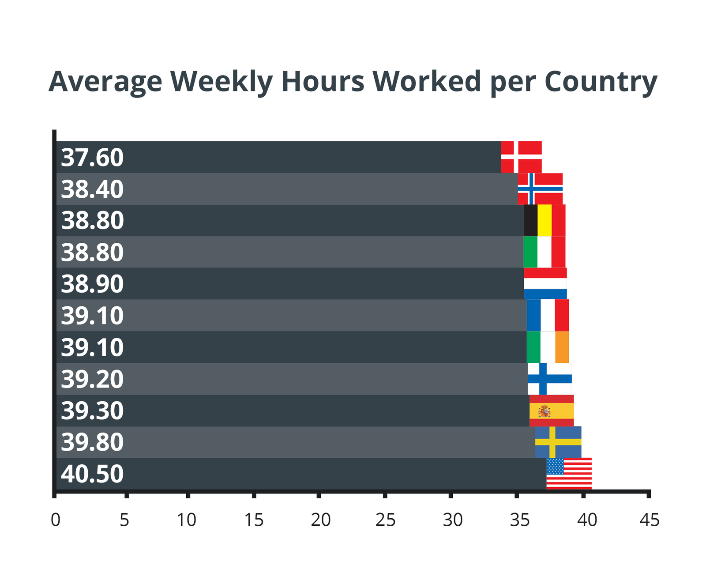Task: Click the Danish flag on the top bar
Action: click(x=521, y=157)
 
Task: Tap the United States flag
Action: click(x=569, y=473)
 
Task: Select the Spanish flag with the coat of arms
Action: click(x=551, y=411)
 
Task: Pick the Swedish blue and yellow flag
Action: click(x=558, y=442)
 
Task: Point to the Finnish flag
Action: click(x=549, y=379)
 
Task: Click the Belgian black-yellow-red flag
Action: click(x=545, y=220)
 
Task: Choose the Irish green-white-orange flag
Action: click(x=548, y=347)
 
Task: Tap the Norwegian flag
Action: click(x=540, y=189)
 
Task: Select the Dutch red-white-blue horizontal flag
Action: click(x=545, y=283)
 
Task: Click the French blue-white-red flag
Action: click(x=548, y=315)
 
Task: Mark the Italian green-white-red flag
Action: click(x=544, y=252)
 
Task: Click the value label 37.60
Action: click(x=92, y=158)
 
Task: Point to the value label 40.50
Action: click(x=92, y=474)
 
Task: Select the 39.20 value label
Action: click(x=92, y=379)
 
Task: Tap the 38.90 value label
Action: click(x=92, y=284)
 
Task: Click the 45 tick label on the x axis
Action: click(x=650, y=520)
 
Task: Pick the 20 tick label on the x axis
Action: click(x=320, y=520)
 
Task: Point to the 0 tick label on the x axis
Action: click(x=55, y=520)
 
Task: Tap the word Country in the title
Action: click(x=601, y=82)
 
